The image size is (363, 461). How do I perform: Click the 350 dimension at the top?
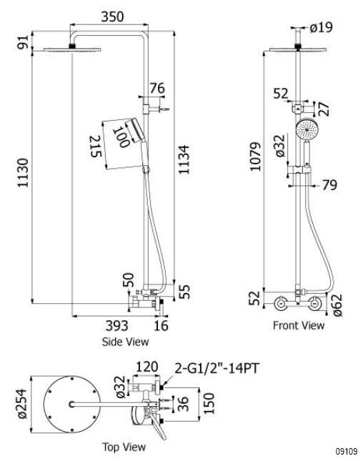pyautogui.click(x=112, y=16)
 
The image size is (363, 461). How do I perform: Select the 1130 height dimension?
pyautogui.click(x=23, y=173)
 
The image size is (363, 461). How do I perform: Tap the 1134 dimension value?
pyautogui.click(x=184, y=159)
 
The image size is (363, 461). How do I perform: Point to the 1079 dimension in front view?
pyautogui.click(x=255, y=157)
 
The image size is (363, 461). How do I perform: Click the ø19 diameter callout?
pyautogui.click(x=321, y=28)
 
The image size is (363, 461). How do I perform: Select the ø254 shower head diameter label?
pyautogui.click(x=22, y=403)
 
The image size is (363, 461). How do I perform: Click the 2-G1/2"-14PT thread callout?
pyautogui.click(x=217, y=368)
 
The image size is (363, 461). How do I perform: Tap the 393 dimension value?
pyautogui.click(x=116, y=325)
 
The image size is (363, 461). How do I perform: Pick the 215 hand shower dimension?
pyautogui.click(x=96, y=146)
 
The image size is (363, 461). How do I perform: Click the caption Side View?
pyautogui.click(x=125, y=342)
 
